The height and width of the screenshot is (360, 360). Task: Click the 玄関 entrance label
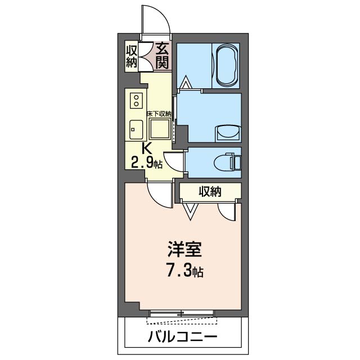click(x=162, y=55)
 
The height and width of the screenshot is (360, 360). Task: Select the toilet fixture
click(x=231, y=161)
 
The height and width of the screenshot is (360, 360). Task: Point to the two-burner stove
click(x=136, y=102)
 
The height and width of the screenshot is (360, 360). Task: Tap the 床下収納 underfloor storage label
click(x=159, y=114)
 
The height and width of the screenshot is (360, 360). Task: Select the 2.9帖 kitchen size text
click(x=147, y=164)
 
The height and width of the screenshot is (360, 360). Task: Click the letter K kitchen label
click(x=147, y=149)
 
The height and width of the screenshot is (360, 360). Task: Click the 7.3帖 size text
click(x=181, y=272)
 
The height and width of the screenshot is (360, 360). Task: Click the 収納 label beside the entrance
click(x=132, y=55)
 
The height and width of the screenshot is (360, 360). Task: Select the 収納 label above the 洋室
click(x=209, y=192)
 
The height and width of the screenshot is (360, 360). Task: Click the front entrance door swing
click(x=156, y=22)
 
